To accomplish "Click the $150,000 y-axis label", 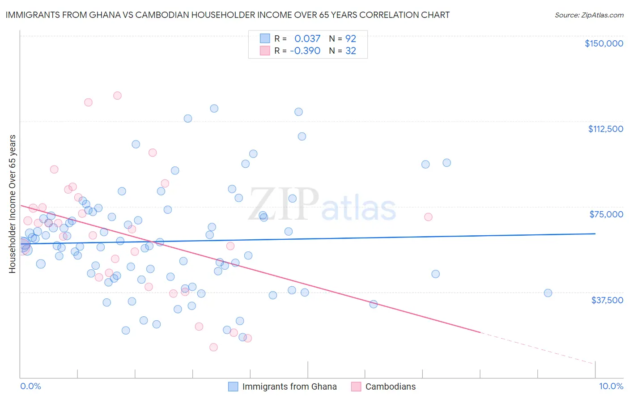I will (603, 43).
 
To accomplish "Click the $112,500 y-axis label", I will (605, 129).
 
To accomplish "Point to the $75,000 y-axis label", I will (606, 214).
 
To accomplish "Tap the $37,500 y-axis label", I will (607, 300).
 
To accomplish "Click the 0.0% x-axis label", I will (30, 386).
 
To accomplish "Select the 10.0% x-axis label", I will (611, 386).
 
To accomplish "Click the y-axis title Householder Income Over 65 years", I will (13, 204).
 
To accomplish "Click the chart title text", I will (227, 15).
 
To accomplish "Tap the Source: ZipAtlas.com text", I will (589, 15).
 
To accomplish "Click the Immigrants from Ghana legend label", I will (289, 386).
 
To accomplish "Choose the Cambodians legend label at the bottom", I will (390, 386).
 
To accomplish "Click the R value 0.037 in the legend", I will (307, 38).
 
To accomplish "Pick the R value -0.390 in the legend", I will (305, 51).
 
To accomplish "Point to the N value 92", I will (350, 38).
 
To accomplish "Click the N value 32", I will (350, 51).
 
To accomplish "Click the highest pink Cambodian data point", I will (117, 95).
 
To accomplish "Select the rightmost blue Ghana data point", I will (548, 293).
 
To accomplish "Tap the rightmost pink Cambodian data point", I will (428, 217).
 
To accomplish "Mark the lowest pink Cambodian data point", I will (213, 347).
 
